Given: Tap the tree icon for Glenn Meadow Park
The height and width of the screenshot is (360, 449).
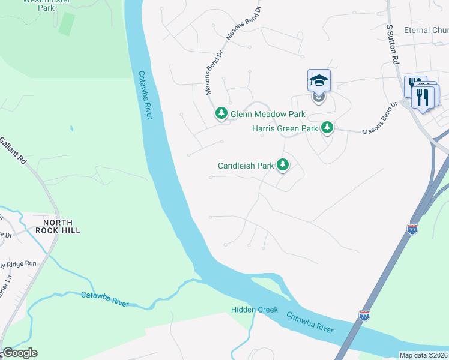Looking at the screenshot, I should (x=221, y=113).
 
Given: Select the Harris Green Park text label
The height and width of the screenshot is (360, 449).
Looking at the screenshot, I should (x=285, y=128).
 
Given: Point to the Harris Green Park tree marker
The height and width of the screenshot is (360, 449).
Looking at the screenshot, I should (x=327, y=128).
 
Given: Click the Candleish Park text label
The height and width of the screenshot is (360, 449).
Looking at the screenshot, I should (x=246, y=166).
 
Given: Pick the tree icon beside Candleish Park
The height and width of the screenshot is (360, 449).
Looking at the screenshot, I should (x=283, y=165).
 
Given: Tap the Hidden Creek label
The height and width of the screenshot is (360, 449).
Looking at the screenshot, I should (x=255, y=310).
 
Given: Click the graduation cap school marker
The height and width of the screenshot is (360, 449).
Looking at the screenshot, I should (x=319, y=80).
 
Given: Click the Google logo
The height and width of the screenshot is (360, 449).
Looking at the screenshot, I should (x=19, y=353).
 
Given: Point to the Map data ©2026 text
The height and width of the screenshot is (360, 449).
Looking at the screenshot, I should (x=423, y=355).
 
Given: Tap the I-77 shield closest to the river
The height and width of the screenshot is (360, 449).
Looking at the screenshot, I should (x=364, y=314).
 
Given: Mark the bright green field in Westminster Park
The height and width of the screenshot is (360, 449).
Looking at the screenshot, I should (x=67, y=23).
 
